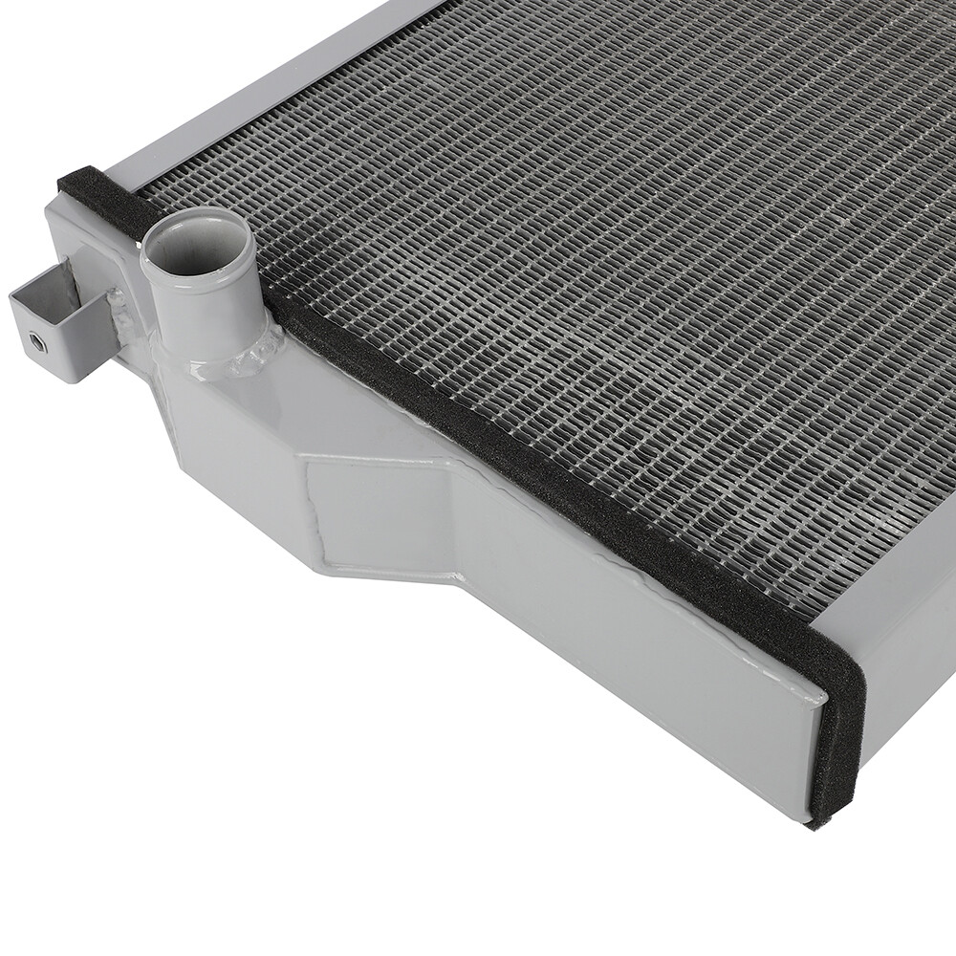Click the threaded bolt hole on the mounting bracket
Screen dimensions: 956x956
pos(36,341)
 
